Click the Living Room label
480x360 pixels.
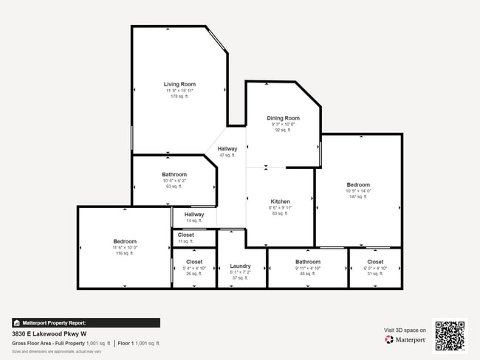[179, 85]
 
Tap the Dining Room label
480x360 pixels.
[283, 118]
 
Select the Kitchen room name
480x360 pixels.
[280, 201]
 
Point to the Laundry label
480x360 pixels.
[240, 266]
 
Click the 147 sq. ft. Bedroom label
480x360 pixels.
[358, 184]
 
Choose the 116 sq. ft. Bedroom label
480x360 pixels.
[125, 241]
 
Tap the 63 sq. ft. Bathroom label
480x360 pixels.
[174, 174]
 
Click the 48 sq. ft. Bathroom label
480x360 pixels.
[307, 262]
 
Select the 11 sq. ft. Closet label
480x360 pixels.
[185, 235]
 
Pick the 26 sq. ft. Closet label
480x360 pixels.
[194, 262]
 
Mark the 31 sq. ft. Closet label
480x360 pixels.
[374, 262]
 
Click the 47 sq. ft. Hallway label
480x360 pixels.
[227, 149]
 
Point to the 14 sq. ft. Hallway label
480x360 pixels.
[194, 215]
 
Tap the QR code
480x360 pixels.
[450, 335]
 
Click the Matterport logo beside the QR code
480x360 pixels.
[405, 340]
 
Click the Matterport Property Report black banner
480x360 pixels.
[86, 322]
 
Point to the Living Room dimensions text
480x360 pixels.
[179, 91]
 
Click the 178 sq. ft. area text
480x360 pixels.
[179, 97]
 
